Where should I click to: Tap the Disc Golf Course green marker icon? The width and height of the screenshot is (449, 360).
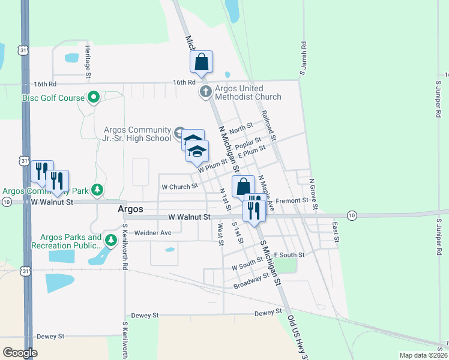[x=93, y=97]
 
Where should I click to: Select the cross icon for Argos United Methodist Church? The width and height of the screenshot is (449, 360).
[x=205, y=92]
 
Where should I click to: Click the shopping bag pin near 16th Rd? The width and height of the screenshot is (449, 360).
[x=201, y=61]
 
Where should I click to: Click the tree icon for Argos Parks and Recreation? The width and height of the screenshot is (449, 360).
[x=110, y=241]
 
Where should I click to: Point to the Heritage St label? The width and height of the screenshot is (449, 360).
[x=88, y=62]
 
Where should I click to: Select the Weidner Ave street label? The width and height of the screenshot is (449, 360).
[x=153, y=232]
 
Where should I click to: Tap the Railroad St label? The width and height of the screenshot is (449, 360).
[x=267, y=125]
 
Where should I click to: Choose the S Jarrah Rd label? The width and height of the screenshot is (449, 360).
[x=303, y=58]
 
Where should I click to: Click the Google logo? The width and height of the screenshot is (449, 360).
[x=20, y=352]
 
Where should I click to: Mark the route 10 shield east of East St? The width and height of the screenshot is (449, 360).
[x=352, y=215]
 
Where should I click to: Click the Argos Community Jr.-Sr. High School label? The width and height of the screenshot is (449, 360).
[x=137, y=133]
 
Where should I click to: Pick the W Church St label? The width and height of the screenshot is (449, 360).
[x=179, y=187]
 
